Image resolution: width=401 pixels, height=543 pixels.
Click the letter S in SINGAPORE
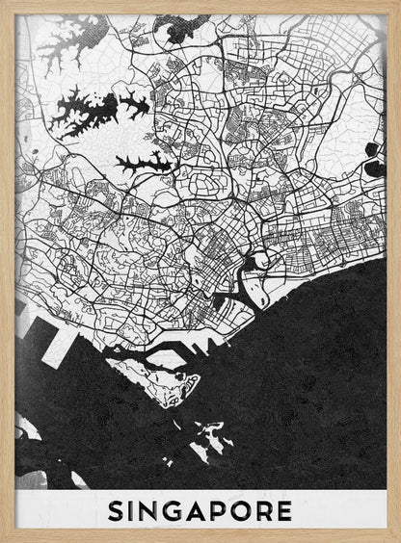[x=118, y=509]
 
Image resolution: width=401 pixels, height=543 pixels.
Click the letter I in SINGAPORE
[x=134, y=509]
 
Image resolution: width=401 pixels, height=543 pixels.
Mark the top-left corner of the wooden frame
[x=3, y=3]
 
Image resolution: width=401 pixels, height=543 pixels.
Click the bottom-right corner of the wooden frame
[x=397, y=539]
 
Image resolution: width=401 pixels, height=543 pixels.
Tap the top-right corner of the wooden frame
[x=397, y=3]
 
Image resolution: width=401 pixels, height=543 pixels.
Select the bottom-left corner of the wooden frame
[x=3, y=539]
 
